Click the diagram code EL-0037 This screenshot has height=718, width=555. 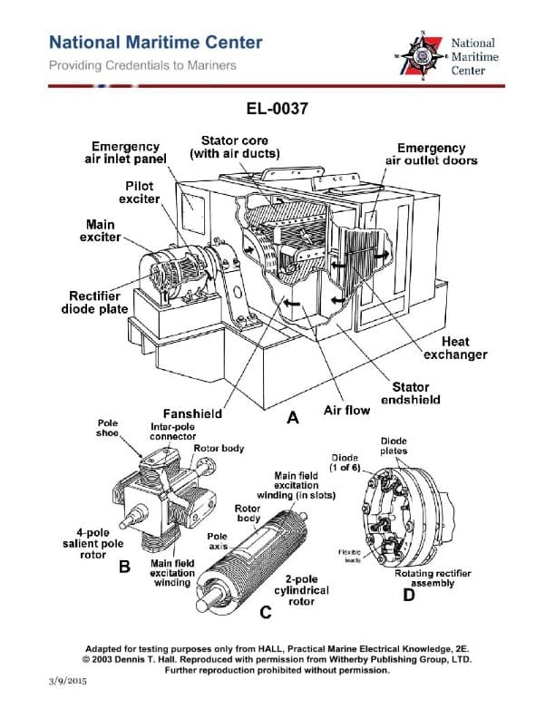pos(277,109)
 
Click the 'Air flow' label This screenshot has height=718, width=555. pos(346,411)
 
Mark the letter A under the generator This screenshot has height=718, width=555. pos(292,418)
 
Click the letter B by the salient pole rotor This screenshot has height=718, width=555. pos(126,568)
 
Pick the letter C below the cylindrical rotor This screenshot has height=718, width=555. pos(265,613)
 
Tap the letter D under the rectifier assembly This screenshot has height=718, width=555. pos(409,596)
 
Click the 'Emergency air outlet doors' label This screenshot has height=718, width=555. pos(432,154)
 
